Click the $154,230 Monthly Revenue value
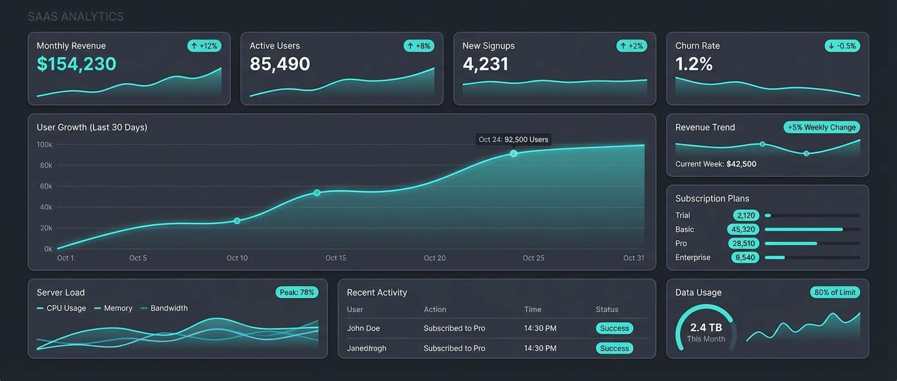click(76, 64)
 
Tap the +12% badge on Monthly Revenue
click(204, 46)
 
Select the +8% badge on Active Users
click(419, 46)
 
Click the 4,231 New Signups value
click(485, 64)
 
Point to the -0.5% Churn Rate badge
click(842, 46)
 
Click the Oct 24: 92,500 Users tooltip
click(513, 139)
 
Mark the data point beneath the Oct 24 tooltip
click(514, 154)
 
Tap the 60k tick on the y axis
click(45, 187)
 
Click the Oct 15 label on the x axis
click(336, 258)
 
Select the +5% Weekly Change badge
click(821, 128)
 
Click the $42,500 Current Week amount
click(741, 164)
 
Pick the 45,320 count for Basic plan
click(743, 230)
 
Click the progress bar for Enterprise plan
click(812, 257)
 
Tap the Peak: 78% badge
click(297, 293)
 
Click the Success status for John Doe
click(614, 328)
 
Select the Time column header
click(532, 310)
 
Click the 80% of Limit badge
click(835, 293)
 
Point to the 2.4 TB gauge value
click(706, 328)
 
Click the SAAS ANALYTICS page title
click(76, 16)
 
